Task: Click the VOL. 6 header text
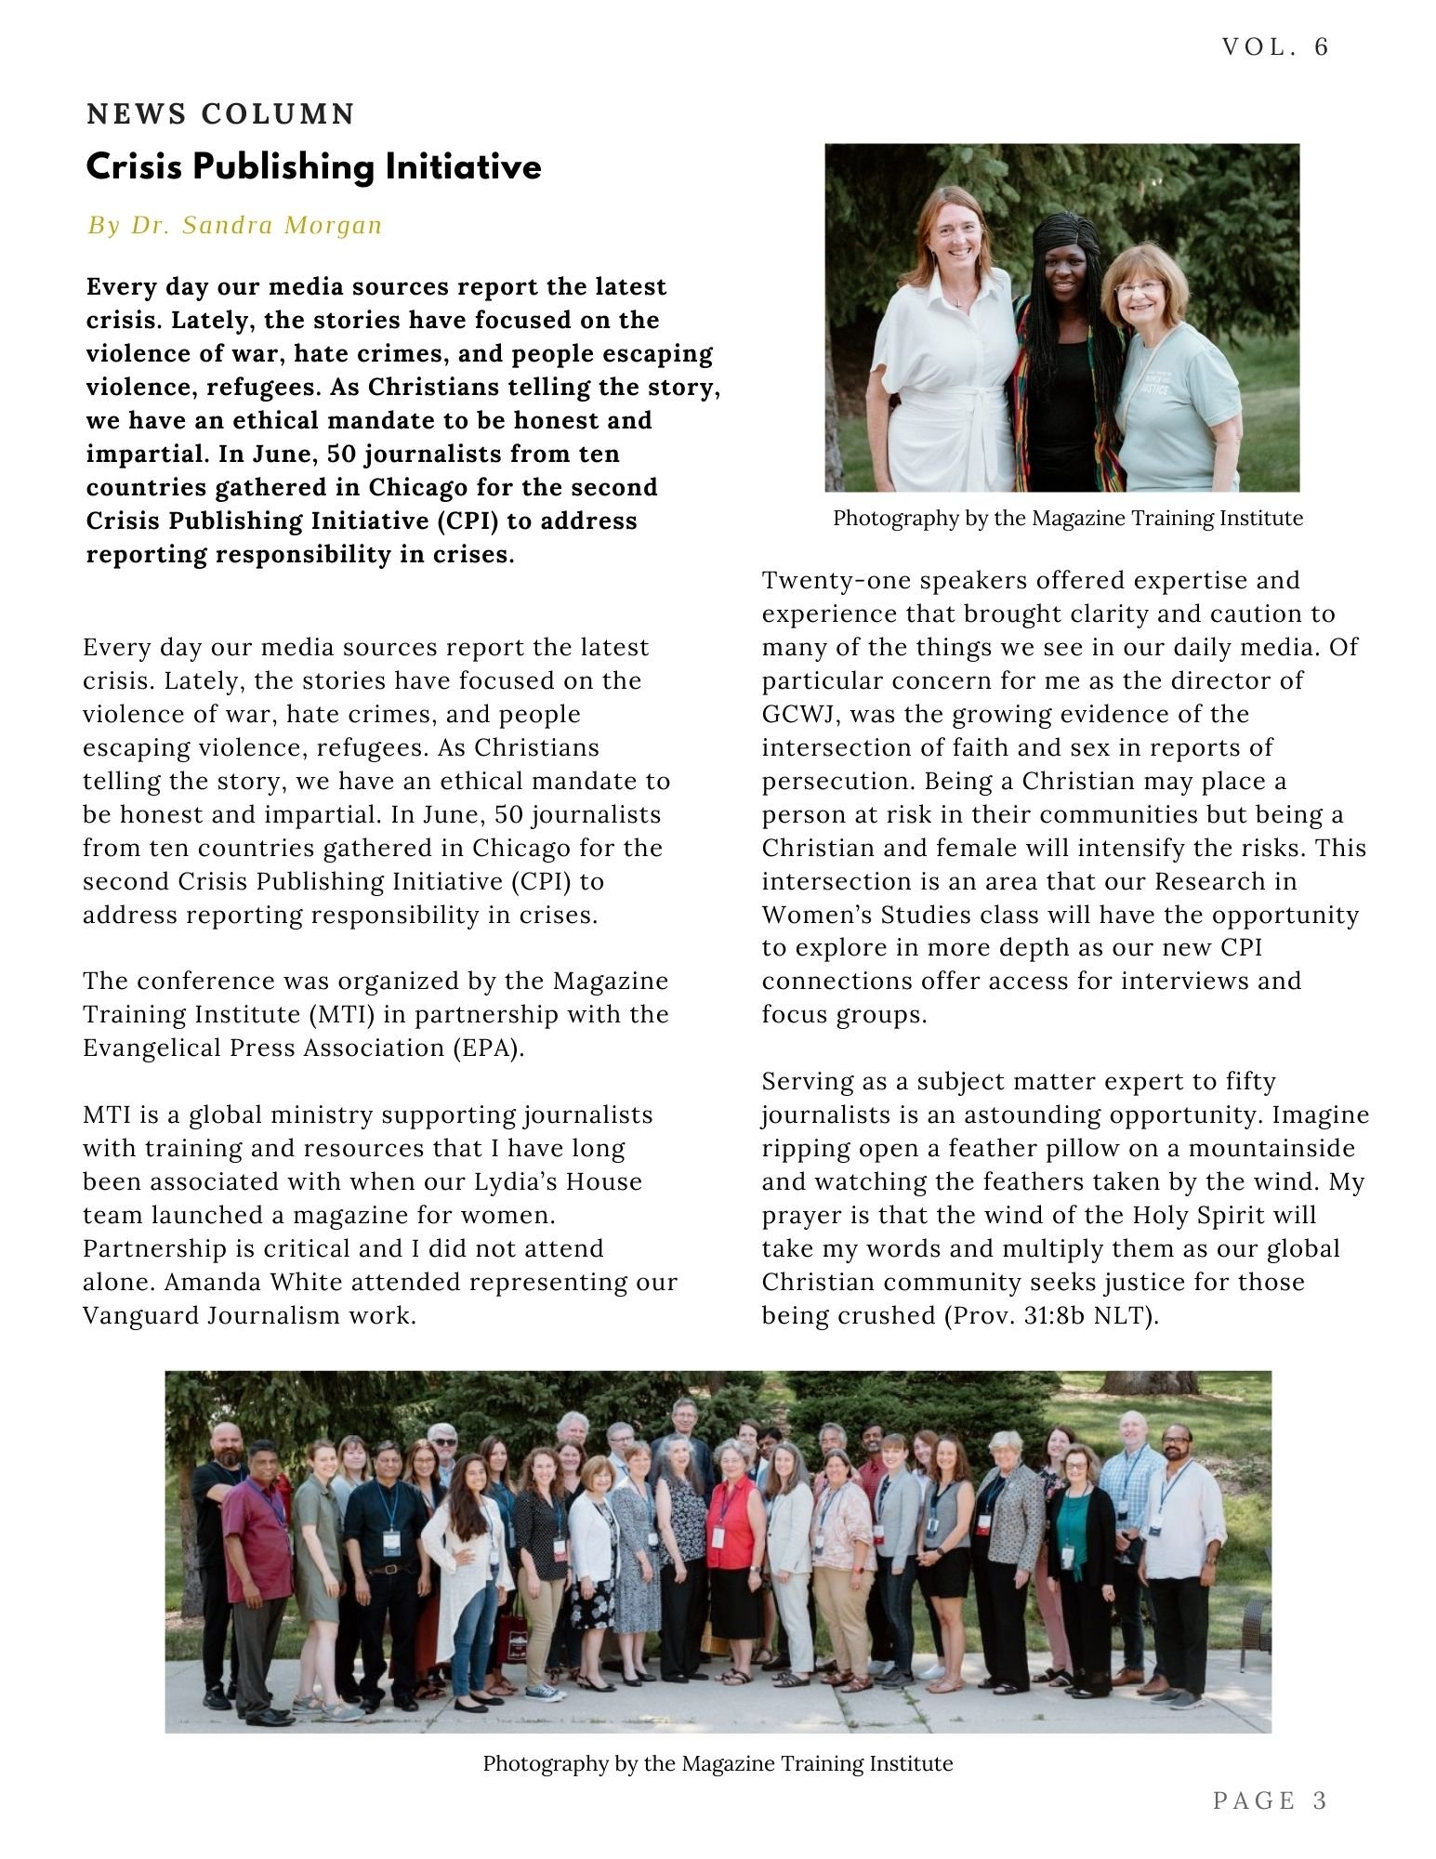[1274, 47]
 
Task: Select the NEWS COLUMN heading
[221, 114]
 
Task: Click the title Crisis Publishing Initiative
[313, 167]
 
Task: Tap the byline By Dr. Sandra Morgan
[235, 226]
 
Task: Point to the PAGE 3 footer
[1270, 1800]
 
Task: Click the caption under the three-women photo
[1067, 518]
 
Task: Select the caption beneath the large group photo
[718, 1763]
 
